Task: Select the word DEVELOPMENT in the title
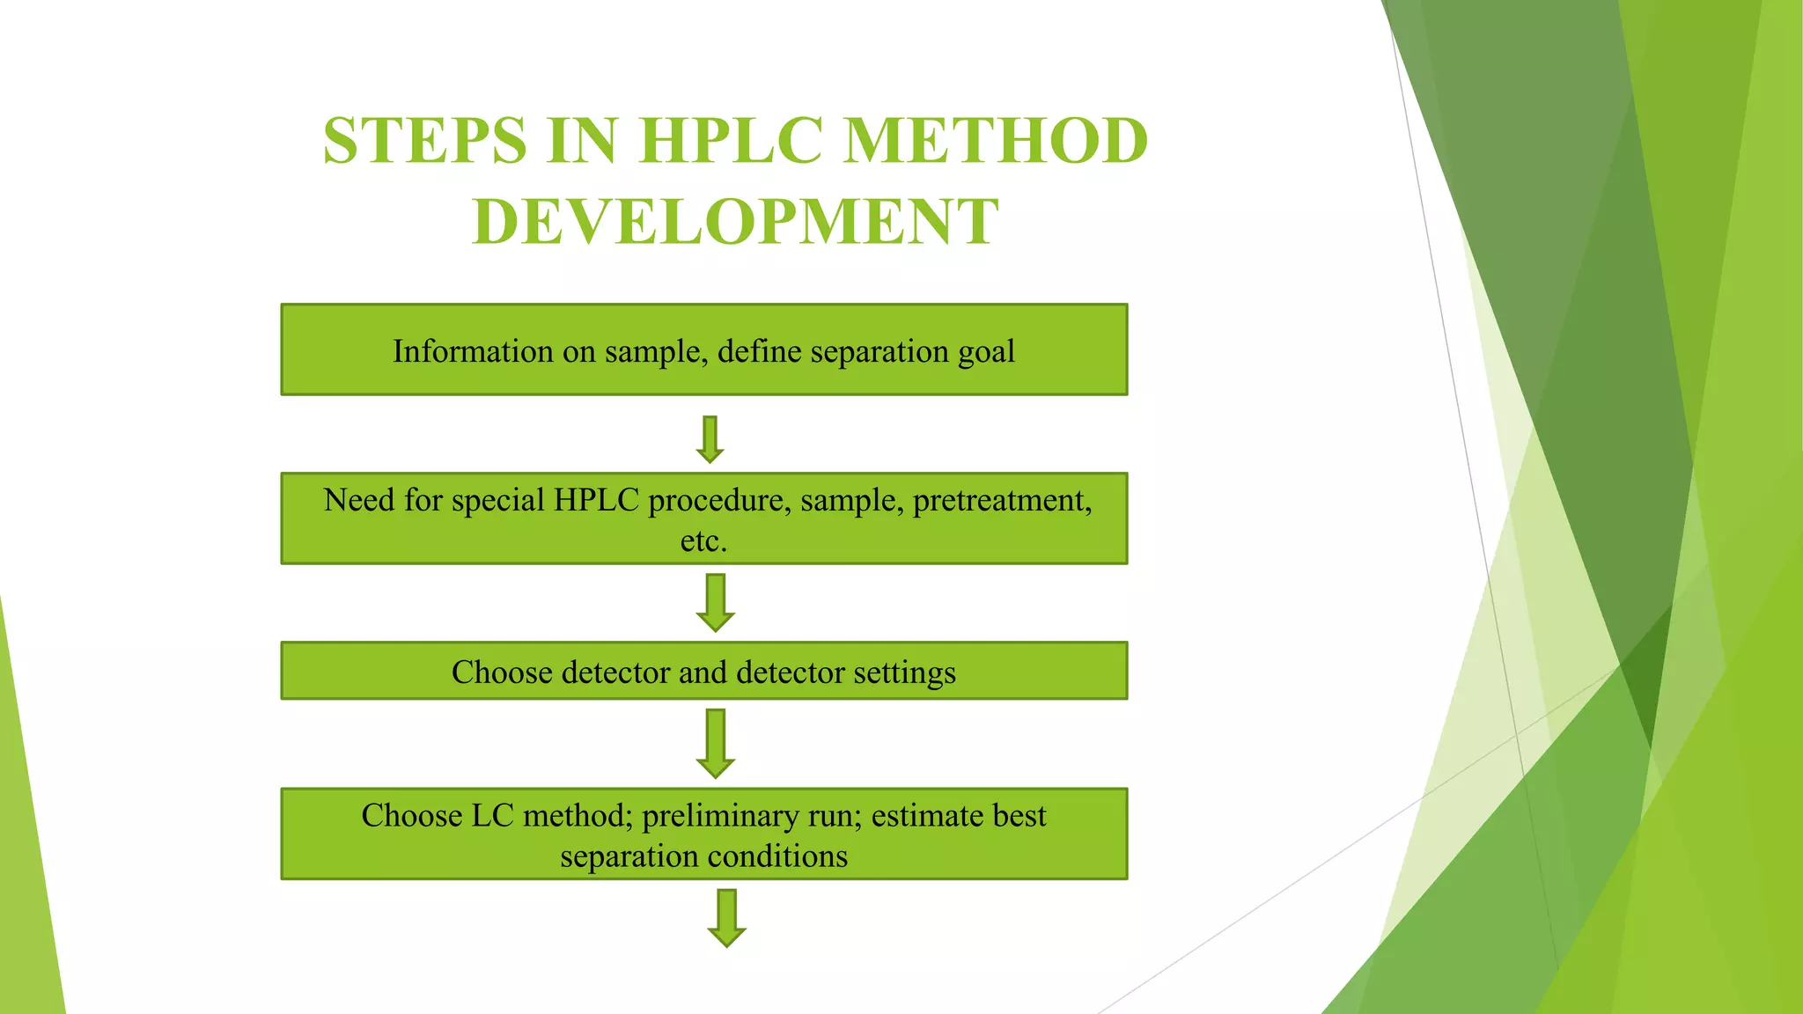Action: pos(736,222)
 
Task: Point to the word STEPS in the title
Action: pos(425,141)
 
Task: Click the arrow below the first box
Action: pos(710,438)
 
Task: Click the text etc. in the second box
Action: pos(703,540)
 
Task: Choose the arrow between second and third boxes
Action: pos(716,602)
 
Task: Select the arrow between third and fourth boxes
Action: pos(716,743)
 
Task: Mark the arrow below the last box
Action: pos(726,917)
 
